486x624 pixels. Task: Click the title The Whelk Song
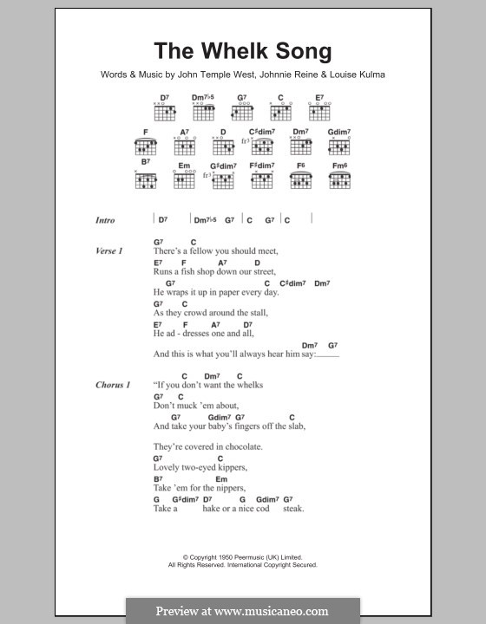tap(242, 51)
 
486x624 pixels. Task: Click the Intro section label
tap(105, 220)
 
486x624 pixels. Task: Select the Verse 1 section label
tap(109, 250)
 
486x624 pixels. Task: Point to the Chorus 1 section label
tap(112, 384)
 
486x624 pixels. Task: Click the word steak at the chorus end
tap(293, 510)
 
